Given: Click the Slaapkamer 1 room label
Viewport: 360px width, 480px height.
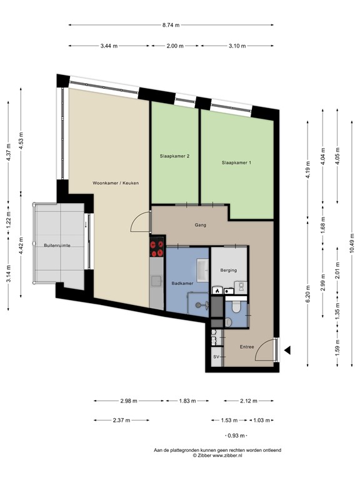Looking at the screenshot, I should point(236,163).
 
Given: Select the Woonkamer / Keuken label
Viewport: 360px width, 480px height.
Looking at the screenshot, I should point(115,183).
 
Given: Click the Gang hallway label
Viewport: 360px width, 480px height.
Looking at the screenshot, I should point(200,225).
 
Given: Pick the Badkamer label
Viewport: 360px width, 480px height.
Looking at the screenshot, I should point(181,283).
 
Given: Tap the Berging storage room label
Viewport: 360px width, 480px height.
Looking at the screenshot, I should point(227,270).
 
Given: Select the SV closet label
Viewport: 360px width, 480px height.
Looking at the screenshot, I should point(216,357).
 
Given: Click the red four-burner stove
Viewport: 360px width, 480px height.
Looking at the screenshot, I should point(157,249).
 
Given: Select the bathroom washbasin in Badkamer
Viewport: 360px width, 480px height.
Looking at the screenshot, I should point(201,270).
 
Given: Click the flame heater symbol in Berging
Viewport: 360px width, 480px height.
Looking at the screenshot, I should point(217,290).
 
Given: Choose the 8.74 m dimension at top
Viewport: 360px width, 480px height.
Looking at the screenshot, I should point(171,25).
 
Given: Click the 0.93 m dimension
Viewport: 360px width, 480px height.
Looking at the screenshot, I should point(236,435).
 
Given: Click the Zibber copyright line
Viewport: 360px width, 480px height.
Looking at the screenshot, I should point(218,456).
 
